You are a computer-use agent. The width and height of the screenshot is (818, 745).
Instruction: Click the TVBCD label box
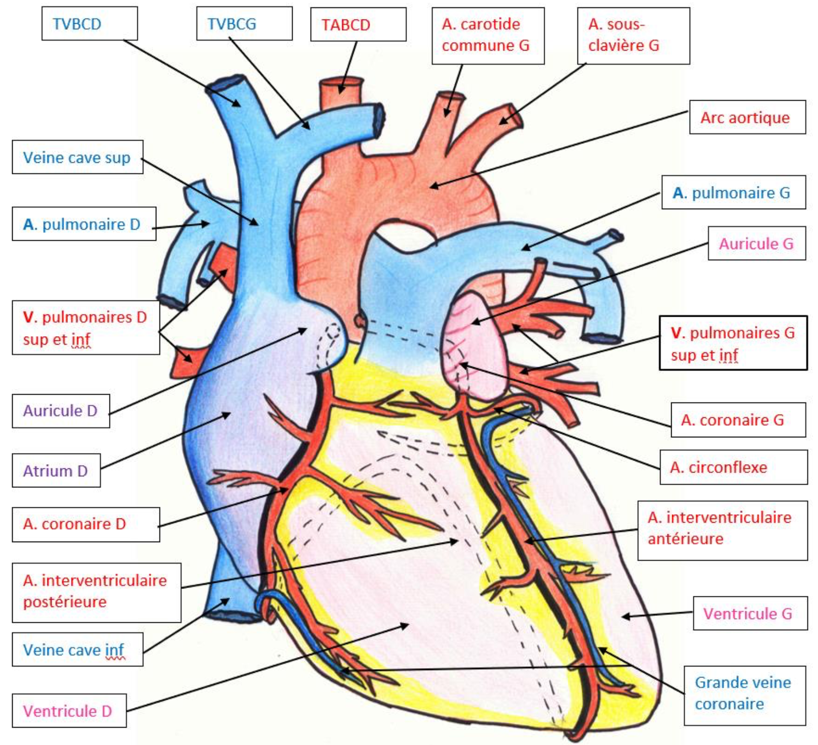(89, 24)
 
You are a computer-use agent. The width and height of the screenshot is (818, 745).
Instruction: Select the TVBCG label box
(244, 24)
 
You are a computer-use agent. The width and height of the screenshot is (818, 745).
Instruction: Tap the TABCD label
(358, 25)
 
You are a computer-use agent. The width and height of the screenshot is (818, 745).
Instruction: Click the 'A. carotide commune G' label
(487, 35)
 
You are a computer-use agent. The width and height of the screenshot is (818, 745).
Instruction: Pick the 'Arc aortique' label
(747, 117)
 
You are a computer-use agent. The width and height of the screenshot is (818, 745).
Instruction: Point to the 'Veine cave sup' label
(77, 157)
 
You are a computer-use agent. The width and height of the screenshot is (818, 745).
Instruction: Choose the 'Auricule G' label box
(756, 243)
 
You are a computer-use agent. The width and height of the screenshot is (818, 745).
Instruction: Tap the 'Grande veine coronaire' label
(744, 693)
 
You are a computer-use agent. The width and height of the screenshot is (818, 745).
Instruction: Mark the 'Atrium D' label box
(56, 470)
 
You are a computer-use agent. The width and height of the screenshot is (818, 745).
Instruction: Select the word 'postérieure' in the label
(65, 602)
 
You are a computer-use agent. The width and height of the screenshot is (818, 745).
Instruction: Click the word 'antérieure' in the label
(685, 538)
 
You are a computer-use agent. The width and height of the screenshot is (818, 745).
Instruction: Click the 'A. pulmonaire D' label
(84, 224)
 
